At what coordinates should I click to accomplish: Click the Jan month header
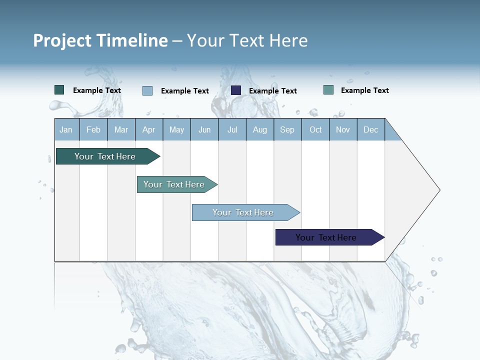(x=66, y=129)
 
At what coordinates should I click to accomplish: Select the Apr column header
(x=148, y=129)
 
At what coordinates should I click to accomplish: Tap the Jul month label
(x=232, y=129)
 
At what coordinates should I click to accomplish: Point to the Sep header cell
(x=287, y=129)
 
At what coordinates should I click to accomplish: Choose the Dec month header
(x=370, y=129)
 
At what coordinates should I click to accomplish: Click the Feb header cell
(x=93, y=129)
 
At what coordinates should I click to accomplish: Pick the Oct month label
(x=315, y=129)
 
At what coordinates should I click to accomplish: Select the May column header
(x=176, y=129)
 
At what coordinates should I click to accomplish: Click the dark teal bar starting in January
(x=105, y=156)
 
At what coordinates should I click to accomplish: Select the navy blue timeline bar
(x=326, y=237)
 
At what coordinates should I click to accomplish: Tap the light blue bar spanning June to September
(x=243, y=212)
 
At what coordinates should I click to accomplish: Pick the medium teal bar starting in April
(x=174, y=184)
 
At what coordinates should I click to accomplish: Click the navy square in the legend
(x=236, y=90)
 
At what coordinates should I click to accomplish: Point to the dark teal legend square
(x=59, y=90)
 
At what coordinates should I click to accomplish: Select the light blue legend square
(x=147, y=90)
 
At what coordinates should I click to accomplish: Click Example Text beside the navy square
(x=272, y=91)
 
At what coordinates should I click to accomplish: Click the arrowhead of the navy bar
(x=380, y=237)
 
